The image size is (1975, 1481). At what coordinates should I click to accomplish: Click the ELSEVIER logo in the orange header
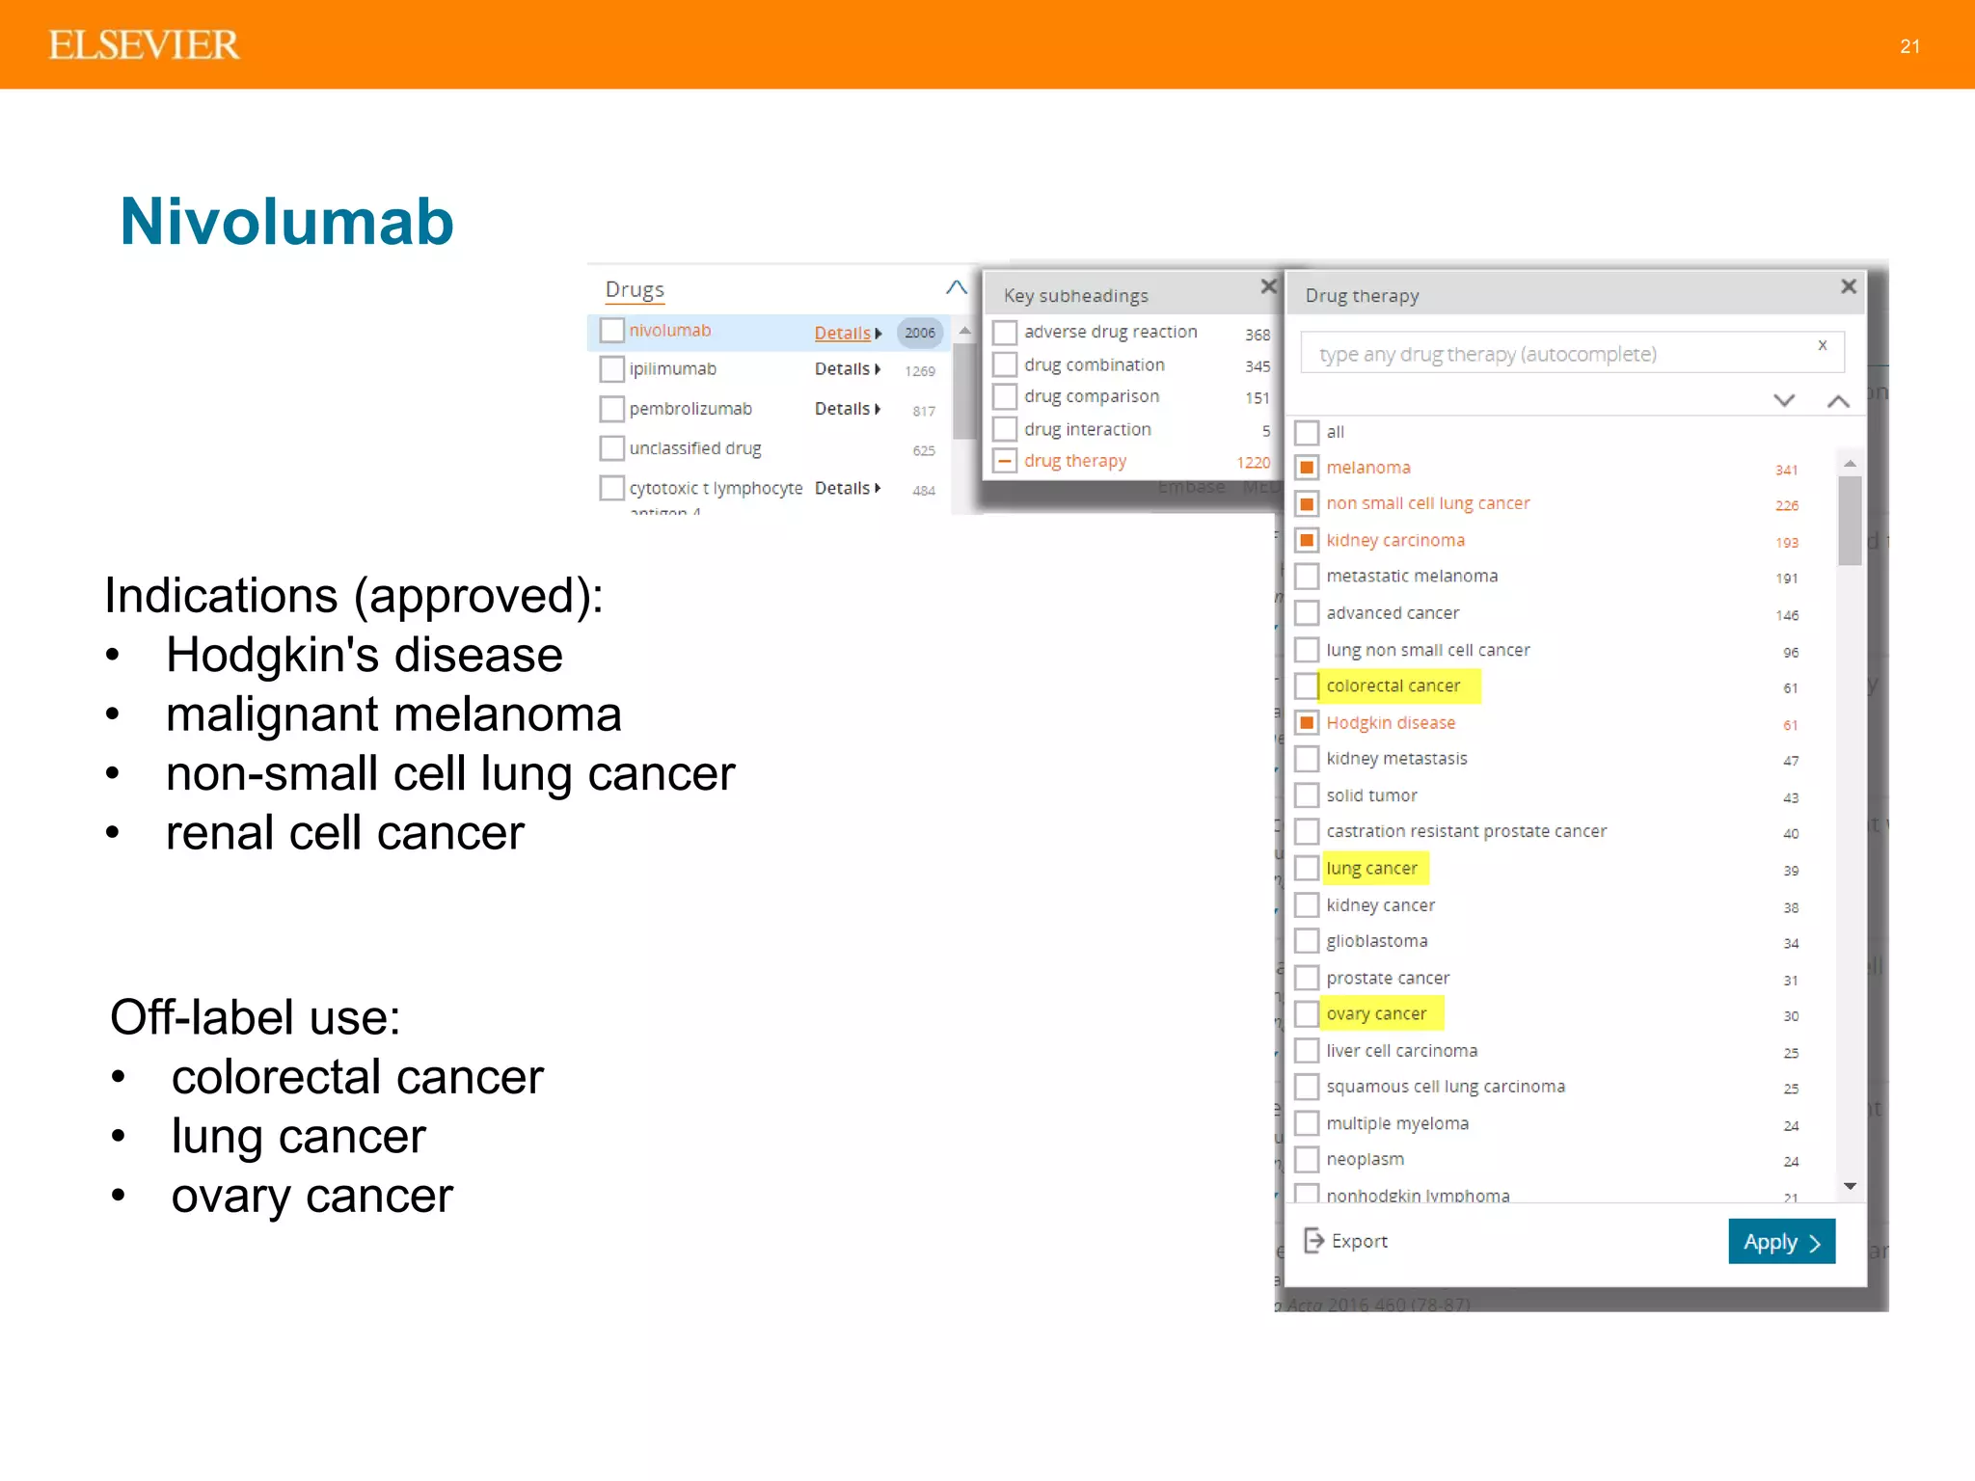tap(144, 45)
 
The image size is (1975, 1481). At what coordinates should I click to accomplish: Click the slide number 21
tap(1909, 46)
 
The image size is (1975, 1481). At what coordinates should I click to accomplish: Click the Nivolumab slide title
tap(286, 222)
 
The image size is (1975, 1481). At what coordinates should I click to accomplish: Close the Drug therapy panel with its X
tap(1848, 286)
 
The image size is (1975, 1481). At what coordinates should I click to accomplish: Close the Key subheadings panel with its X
tap(1268, 286)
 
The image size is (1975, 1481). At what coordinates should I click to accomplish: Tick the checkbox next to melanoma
tap(1307, 468)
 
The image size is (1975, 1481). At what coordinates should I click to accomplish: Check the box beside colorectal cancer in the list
tap(1307, 686)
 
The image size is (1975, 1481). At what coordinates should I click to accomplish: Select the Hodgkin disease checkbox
tap(1307, 722)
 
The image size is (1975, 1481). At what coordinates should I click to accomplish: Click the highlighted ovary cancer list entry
tap(1376, 1013)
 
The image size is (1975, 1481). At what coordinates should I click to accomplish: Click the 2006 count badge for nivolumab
tap(919, 333)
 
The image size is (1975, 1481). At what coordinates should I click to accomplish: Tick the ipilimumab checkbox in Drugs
tap(611, 369)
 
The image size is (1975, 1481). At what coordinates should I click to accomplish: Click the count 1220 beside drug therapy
tap(1253, 463)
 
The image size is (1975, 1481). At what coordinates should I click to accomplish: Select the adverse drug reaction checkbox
tap(1005, 333)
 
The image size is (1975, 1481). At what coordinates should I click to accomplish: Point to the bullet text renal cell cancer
tap(344, 833)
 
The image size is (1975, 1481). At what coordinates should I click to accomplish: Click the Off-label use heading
tap(256, 1017)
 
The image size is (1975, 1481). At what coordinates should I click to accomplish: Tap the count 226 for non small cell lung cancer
tap(1786, 505)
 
